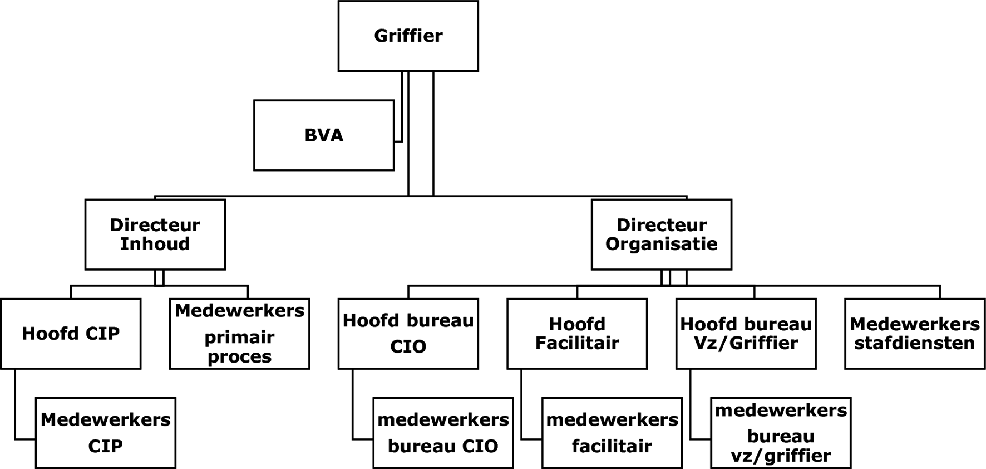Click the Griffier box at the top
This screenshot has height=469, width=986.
point(408,36)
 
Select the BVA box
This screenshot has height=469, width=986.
point(324,135)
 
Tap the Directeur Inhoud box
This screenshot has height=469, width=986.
point(155,234)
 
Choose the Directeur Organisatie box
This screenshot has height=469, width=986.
point(661,234)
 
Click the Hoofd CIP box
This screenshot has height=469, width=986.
point(71,334)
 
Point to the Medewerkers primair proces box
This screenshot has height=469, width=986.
point(239,334)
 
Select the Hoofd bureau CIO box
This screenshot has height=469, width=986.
point(408,334)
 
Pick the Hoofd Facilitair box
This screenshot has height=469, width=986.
point(577,334)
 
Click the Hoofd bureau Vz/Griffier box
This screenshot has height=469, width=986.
point(746,334)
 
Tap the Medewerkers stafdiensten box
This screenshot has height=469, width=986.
point(914,334)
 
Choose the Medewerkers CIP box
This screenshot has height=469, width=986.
point(105,433)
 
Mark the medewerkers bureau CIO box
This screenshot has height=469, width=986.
point(443,433)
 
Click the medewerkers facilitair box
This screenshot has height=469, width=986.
point(612,433)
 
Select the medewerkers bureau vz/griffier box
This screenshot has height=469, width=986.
point(781,433)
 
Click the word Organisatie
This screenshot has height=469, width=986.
point(661,244)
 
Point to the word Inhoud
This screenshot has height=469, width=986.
point(155,244)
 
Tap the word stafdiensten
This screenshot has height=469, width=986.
point(914,343)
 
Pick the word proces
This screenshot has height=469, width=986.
point(239,357)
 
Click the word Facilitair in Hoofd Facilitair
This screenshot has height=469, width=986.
point(577,343)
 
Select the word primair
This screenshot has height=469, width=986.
point(239,338)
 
